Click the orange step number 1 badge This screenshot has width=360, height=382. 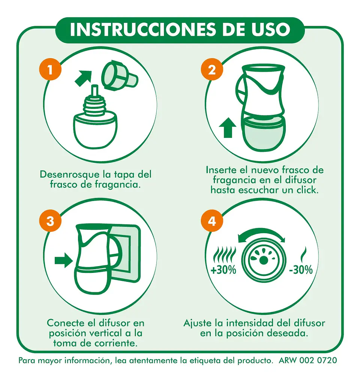coord(50,69)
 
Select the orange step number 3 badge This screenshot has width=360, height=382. coord(50,221)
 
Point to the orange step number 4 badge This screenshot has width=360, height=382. coord(212,221)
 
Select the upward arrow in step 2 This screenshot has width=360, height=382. coord(228,127)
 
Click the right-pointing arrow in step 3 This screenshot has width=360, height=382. coord(64,261)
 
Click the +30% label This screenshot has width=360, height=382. coord(223,270)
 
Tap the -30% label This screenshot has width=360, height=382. coord(301,270)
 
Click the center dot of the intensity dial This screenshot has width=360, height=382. coord(263,261)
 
